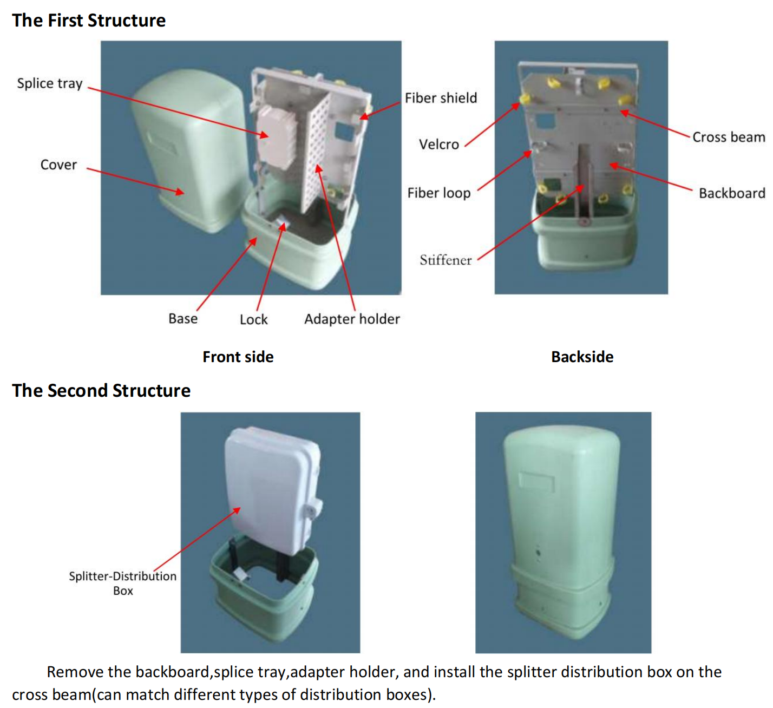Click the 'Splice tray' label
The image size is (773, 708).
(x=50, y=83)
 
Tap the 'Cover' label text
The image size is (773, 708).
(x=58, y=165)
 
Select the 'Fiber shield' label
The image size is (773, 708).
(x=441, y=98)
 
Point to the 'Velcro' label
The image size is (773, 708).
(x=438, y=145)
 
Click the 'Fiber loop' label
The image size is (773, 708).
(x=438, y=193)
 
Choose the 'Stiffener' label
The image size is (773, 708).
(x=446, y=260)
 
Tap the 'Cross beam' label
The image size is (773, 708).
(x=728, y=137)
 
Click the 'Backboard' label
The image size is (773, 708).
(x=731, y=193)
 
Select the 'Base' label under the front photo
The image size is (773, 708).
(x=183, y=319)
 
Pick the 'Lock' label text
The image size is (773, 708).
(x=253, y=320)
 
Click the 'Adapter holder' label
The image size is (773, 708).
(x=352, y=319)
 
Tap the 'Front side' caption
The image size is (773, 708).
(x=238, y=357)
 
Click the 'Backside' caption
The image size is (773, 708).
(x=582, y=357)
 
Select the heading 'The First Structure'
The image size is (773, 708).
(x=89, y=21)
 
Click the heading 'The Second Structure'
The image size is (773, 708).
(x=101, y=391)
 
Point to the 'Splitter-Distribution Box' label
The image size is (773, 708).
(x=123, y=583)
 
